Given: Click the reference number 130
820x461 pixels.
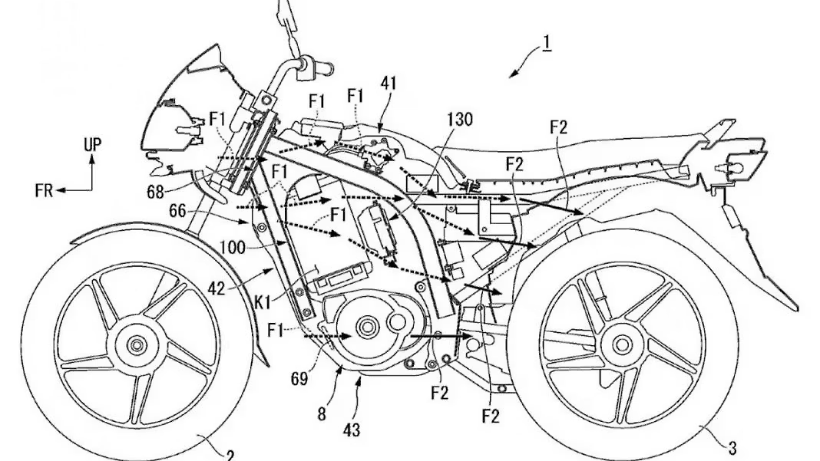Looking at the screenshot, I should coord(459,120).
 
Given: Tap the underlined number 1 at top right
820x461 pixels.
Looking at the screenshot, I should coord(546,43).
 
